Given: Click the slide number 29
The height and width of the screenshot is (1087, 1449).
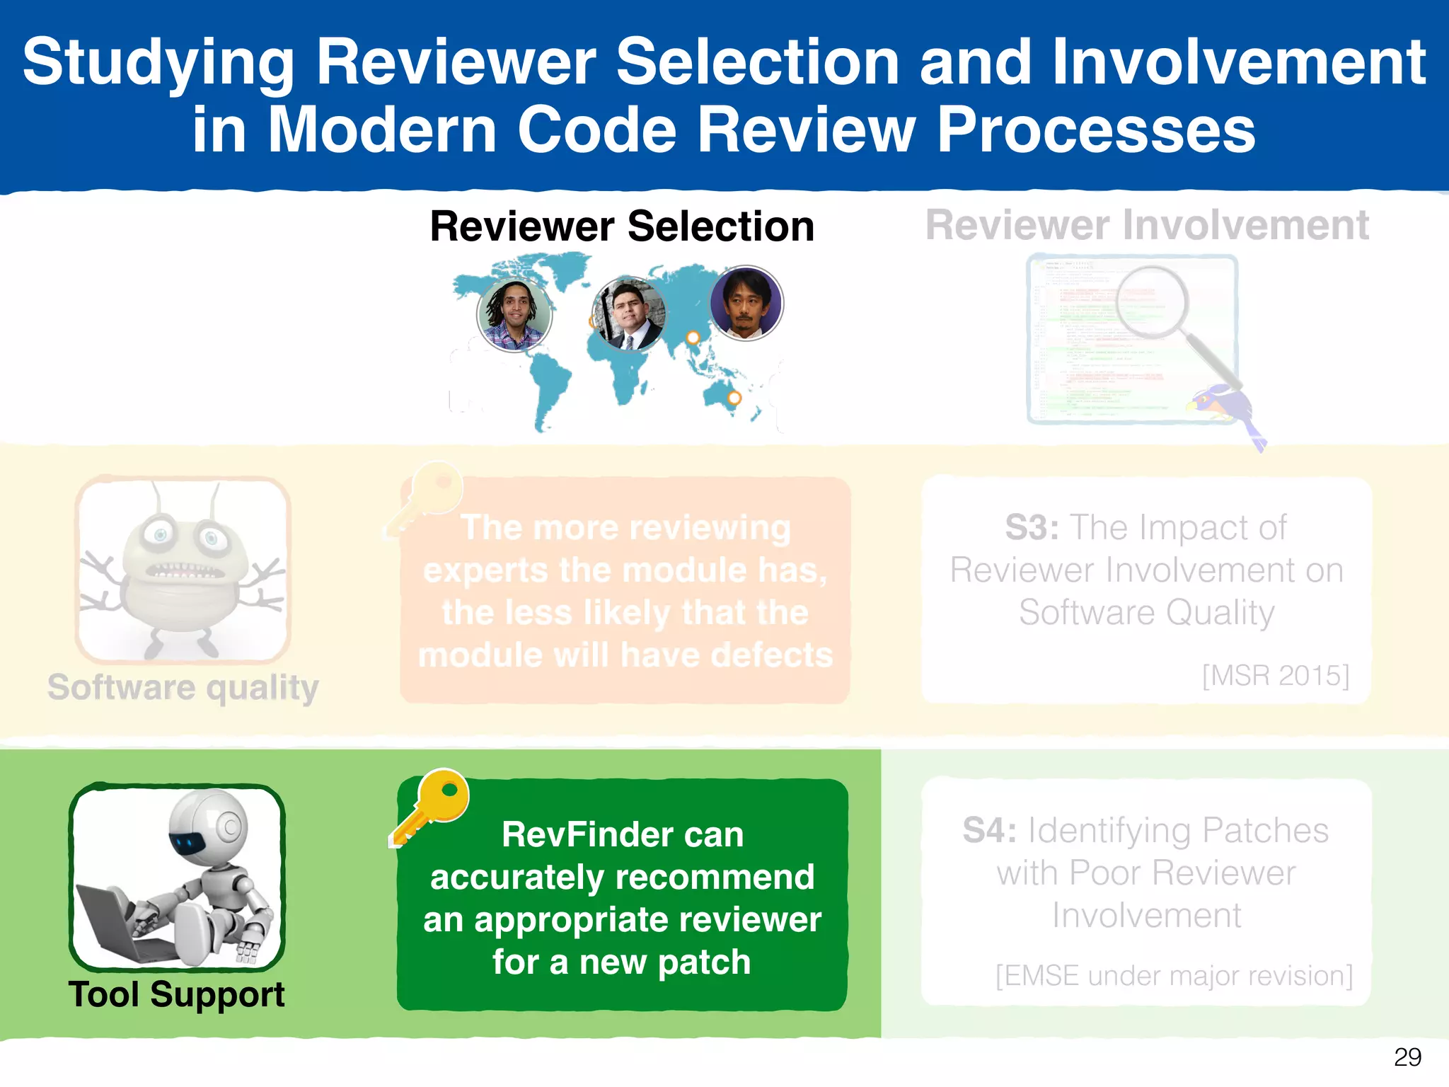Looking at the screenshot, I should coord(1407,1057).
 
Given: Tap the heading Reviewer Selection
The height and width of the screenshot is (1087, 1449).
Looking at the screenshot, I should coord(622,226).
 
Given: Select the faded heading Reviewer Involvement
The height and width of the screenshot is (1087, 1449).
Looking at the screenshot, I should coord(1147,225).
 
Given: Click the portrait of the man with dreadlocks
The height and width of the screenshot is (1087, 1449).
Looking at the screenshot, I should coord(514,314).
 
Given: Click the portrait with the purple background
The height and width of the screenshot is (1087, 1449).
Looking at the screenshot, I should coord(746,304).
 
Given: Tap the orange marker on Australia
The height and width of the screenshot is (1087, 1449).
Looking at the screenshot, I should coord(734,398).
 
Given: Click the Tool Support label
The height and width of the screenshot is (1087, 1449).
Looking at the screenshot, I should coord(176,994).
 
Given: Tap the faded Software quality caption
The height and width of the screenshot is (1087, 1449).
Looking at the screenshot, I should coord(183,687).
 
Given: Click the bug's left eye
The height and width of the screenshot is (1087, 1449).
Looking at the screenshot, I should coord(160,535).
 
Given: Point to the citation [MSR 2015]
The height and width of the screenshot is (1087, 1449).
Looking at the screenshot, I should coord(1275,675).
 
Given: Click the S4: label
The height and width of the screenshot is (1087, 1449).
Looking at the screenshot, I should coord(989,830).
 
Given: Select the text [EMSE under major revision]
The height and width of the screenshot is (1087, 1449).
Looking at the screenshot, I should coord(1173,975).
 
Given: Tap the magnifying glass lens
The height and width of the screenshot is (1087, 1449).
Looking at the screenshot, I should coord(1152,302).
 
